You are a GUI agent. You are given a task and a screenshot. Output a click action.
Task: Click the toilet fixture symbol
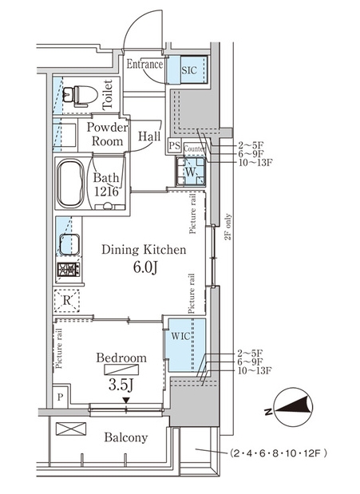80,95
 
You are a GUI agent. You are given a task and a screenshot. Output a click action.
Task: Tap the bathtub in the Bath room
70,184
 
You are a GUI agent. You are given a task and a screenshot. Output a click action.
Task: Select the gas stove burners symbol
69,270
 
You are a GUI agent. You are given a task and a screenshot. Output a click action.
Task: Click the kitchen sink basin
69,244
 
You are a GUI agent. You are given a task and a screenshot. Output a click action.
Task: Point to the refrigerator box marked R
66,301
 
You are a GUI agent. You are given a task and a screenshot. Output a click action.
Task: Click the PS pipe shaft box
174,145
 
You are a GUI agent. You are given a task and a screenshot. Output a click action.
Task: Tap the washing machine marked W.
191,172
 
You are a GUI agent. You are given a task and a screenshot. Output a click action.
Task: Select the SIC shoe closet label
189,70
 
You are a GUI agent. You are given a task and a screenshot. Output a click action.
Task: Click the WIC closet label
180,335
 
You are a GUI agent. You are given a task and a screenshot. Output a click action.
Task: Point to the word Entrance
144,65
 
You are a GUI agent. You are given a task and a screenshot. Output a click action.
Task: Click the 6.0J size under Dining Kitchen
145,267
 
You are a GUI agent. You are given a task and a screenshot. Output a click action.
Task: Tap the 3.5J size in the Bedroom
121,385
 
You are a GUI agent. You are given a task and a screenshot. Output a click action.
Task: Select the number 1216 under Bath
106,192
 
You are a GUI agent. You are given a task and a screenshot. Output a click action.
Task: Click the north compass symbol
291,408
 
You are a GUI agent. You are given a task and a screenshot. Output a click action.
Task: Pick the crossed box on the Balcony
71,429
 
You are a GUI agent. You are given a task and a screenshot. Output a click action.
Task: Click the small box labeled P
60,397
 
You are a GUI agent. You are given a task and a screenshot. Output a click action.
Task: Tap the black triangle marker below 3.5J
126,400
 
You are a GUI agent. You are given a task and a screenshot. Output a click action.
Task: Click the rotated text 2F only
228,227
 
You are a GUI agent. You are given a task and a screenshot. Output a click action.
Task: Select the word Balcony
126,437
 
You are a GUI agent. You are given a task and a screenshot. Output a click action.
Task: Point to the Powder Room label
108,134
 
